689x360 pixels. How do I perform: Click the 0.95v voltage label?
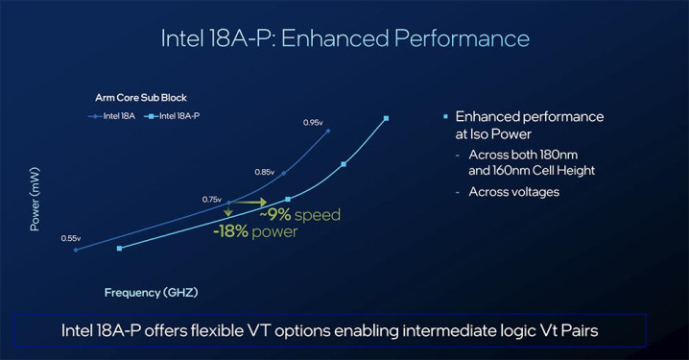point(313,123)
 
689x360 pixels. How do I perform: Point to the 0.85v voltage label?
point(265,172)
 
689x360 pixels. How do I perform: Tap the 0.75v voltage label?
point(212,200)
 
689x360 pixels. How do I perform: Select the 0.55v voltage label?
point(71,238)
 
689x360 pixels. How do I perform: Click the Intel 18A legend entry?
point(111,116)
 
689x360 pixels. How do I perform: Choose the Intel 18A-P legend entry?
point(172,116)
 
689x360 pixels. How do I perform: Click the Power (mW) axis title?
point(35,199)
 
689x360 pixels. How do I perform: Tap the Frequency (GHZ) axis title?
point(152,292)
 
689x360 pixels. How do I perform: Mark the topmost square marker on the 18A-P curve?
point(387,118)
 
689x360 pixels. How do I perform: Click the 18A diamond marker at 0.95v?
point(328,131)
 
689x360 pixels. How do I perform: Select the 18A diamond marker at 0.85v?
point(283,173)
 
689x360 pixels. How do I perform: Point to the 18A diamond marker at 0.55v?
point(76,250)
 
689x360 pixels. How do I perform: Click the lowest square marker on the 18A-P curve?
point(120,249)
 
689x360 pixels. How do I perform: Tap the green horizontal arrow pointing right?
point(249,203)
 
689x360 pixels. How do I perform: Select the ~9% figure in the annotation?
point(275,214)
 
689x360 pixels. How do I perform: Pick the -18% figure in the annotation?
point(230,231)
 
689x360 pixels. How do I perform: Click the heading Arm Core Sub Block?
point(141,98)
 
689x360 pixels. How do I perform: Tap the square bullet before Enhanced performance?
point(445,116)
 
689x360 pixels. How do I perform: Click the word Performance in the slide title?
point(462,38)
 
